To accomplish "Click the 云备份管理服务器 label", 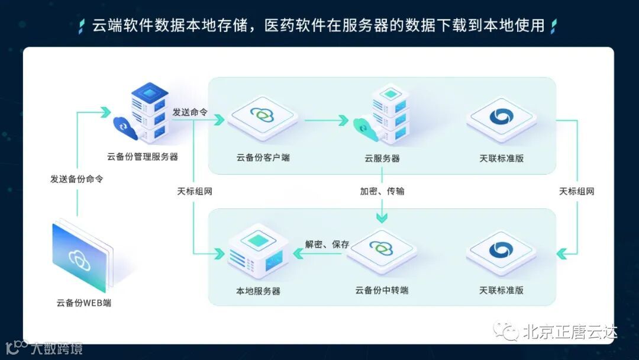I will (x=142, y=157).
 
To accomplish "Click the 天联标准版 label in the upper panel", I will (x=501, y=158).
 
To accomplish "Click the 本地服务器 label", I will (x=258, y=291).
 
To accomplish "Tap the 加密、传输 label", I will (x=382, y=191).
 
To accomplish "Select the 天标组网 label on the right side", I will (x=576, y=191).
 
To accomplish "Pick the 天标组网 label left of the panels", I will (x=195, y=191).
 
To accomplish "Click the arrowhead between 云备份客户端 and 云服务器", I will (x=343, y=120).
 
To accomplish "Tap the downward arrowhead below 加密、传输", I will (x=382, y=217).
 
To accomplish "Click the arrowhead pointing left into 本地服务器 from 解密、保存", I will (x=299, y=253).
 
